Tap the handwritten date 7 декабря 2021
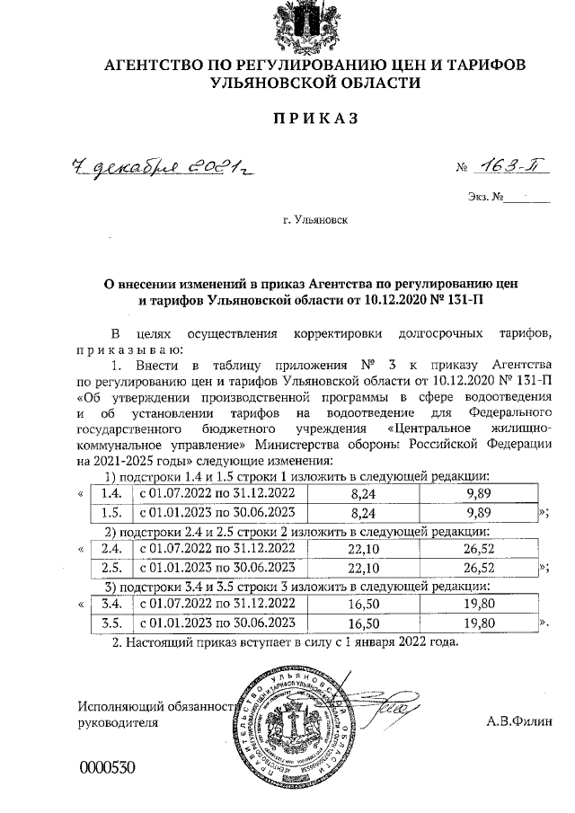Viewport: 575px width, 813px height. pyautogui.click(x=160, y=166)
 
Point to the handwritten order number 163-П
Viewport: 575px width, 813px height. pyautogui.click(x=509, y=166)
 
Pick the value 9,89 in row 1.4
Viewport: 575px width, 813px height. pyautogui.click(x=473, y=493)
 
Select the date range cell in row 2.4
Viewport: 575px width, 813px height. pyautogui.click(x=214, y=548)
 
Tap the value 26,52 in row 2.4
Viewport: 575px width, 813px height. pyautogui.click(x=473, y=548)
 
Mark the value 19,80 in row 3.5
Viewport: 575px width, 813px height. pyautogui.click(x=473, y=623)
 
